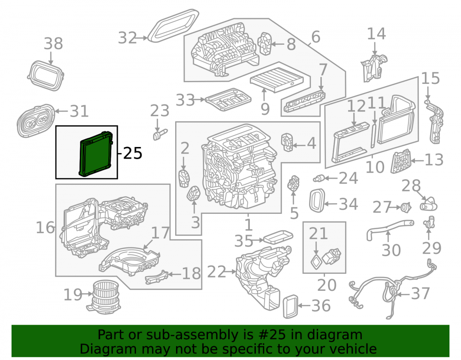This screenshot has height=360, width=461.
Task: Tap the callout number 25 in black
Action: [x=133, y=153]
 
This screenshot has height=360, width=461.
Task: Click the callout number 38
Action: [x=53, y=43]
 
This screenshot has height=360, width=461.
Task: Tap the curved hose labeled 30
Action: [x=390, y=229]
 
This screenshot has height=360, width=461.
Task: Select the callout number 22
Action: [x=216, y=272]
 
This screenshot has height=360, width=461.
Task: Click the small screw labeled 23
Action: [x=160, y=135]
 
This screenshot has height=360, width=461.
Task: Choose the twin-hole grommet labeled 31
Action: [x=35, y=120]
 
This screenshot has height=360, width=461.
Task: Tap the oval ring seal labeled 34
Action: [x=317, y=201]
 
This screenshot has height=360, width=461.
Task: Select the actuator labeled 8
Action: [x=266, y=43]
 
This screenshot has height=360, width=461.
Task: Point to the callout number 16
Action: [x=45, y=228]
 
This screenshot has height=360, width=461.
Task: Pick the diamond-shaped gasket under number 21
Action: [x=316, y=262]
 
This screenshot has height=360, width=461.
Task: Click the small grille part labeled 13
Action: [x=401, y=161]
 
